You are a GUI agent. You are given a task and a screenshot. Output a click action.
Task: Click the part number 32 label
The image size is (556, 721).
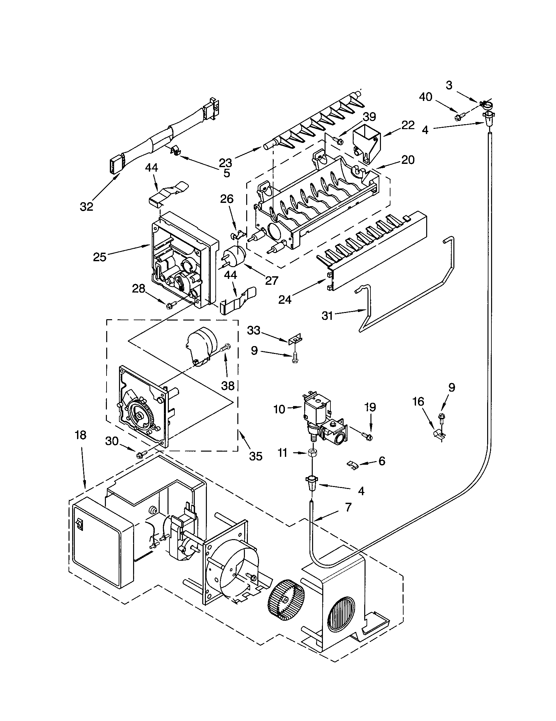87,207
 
